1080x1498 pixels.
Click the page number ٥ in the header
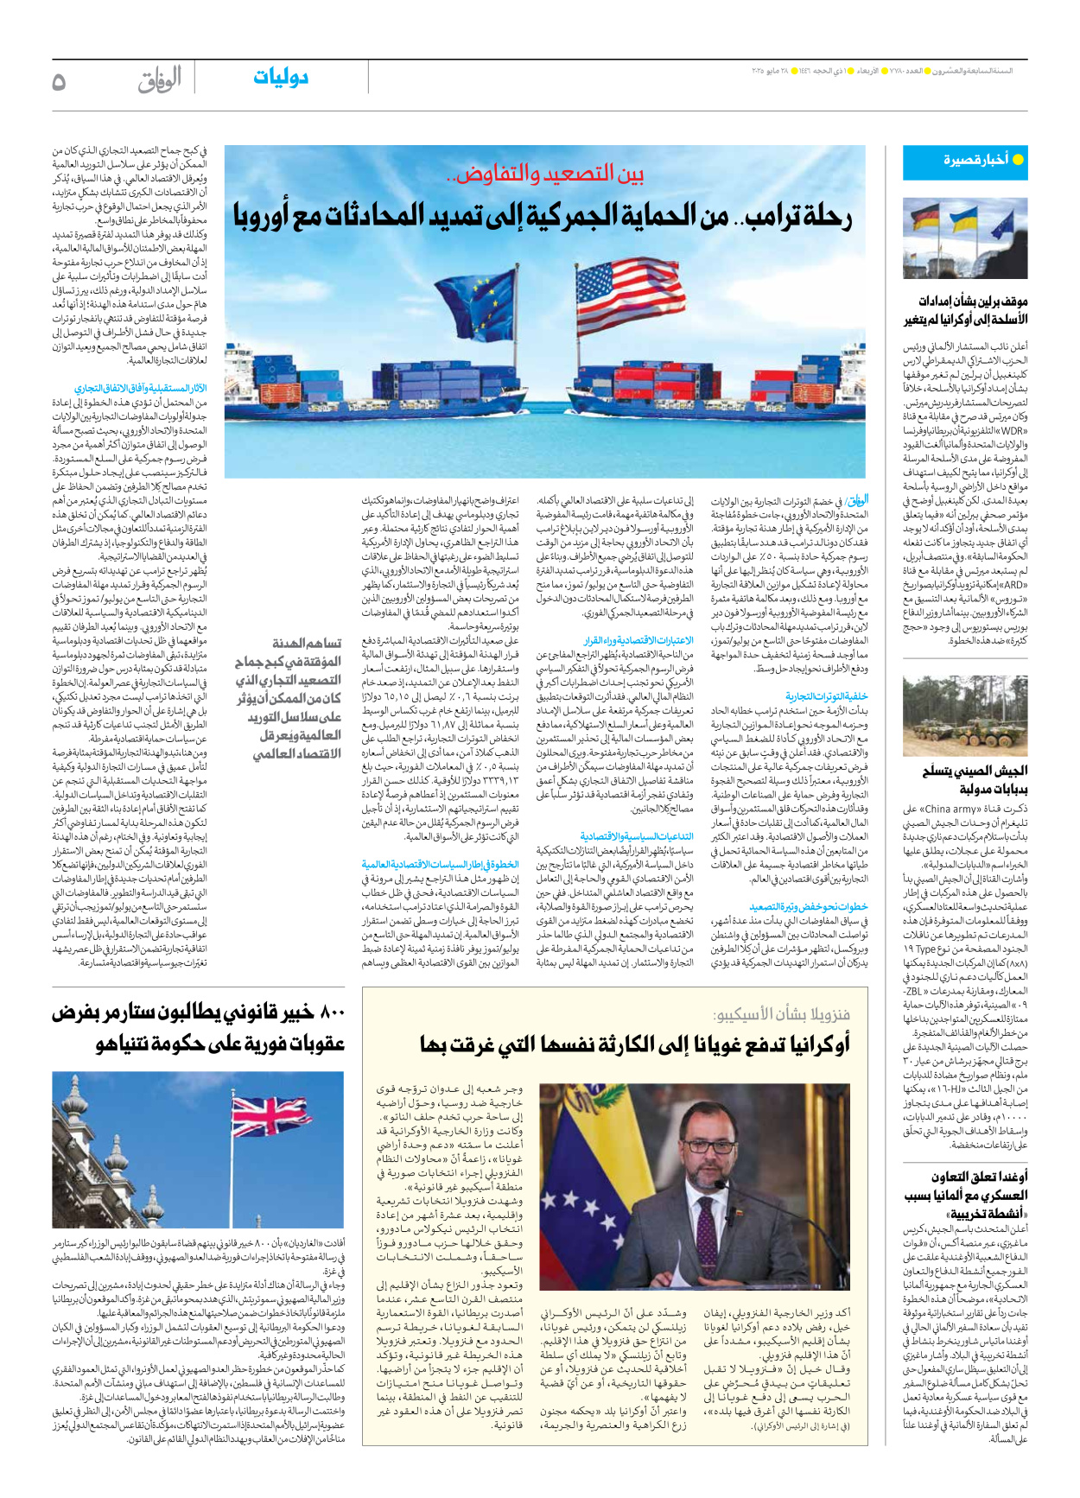(60, 81)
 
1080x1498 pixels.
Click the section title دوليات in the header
(281, 78)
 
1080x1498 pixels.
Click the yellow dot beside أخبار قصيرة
(1017, 160)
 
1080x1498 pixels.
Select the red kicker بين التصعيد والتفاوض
(545, 174)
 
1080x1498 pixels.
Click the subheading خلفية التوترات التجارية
(826, 695)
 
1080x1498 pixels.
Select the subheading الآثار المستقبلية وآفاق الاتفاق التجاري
(140, 389)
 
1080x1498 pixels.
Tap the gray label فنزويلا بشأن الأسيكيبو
(781, 1014)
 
